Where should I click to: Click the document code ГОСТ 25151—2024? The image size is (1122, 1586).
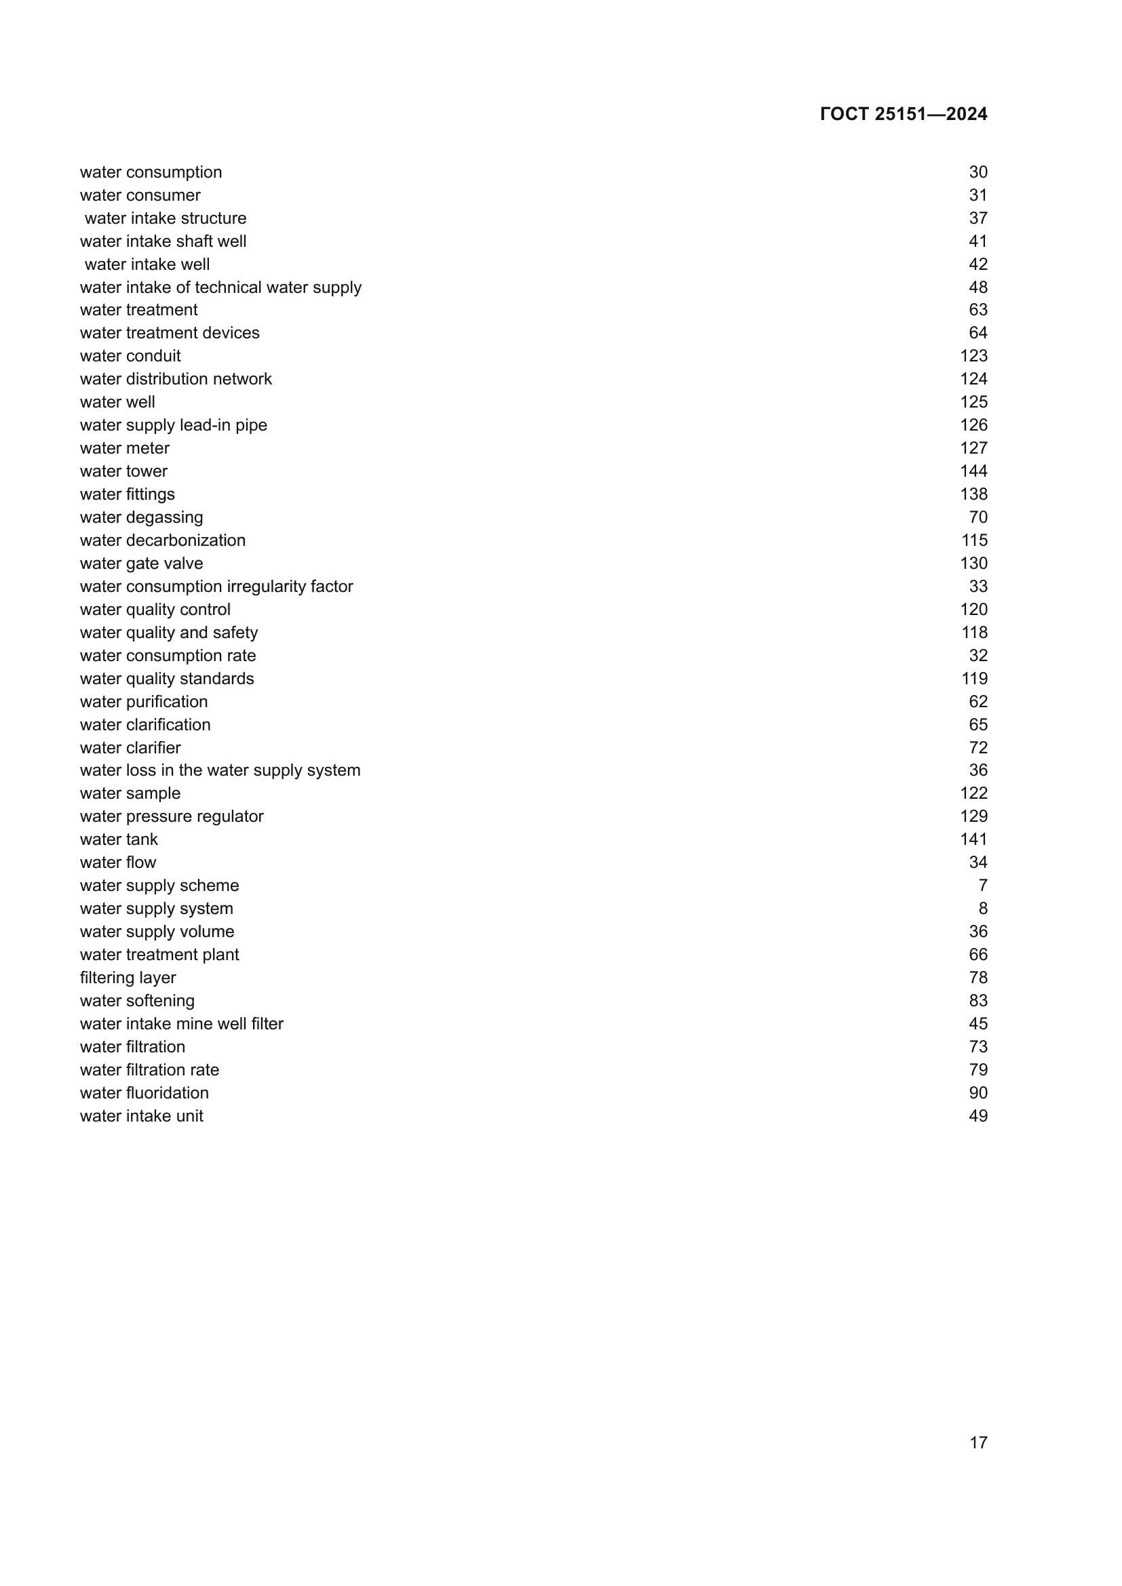903,114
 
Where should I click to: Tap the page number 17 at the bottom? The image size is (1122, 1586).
978,1442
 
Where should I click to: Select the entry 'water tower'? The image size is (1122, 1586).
123,471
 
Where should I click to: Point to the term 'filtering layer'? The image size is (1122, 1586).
128,978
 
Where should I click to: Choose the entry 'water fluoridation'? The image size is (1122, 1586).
144,1093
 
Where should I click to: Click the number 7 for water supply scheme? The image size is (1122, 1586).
982,886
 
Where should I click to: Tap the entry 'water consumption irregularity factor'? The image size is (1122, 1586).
216,587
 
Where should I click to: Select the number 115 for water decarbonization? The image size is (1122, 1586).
973,540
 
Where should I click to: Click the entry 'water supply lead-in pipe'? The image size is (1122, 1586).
174,425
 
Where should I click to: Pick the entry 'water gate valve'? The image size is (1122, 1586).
142,563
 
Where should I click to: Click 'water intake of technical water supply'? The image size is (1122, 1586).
220,288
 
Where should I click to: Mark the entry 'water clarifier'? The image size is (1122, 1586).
130,747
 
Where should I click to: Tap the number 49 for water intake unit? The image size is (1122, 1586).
978,1115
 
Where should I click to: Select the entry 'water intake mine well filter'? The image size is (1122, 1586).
182,1024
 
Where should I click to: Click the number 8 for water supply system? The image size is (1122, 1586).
982,909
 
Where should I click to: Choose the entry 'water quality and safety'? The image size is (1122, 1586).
169,633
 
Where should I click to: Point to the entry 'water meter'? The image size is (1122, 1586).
124,448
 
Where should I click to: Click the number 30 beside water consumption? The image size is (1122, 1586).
978,172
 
